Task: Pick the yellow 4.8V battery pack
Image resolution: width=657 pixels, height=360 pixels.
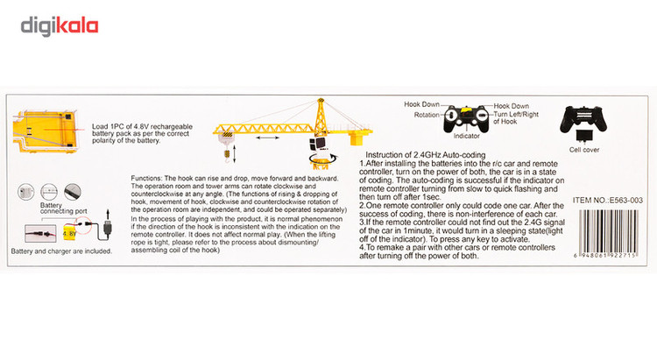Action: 70,234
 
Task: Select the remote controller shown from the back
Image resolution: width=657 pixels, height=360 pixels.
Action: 583,120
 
